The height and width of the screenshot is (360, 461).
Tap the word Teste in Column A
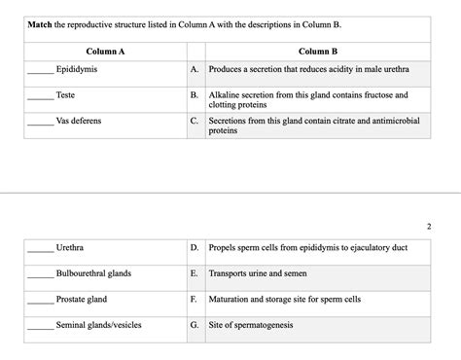click(66, 96)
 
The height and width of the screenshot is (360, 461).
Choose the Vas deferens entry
click(79, 122)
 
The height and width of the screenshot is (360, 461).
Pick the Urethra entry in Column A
click(70, 248)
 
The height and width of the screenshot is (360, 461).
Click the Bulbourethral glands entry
click(93, 273)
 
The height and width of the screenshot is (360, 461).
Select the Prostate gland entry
click(82, 299)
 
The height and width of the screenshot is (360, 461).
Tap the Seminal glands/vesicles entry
click(99, 325)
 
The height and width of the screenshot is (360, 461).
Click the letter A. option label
click(195, 71)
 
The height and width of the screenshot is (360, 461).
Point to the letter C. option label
click(195, 122)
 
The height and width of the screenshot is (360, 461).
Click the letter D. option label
click(195, 248)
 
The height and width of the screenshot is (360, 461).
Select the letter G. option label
click(195, 325)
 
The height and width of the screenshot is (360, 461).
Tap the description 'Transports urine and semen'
click(258, 273)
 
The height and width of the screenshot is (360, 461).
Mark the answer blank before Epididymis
click(40, 73)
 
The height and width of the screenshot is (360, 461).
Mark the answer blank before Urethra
click(40, 250)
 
